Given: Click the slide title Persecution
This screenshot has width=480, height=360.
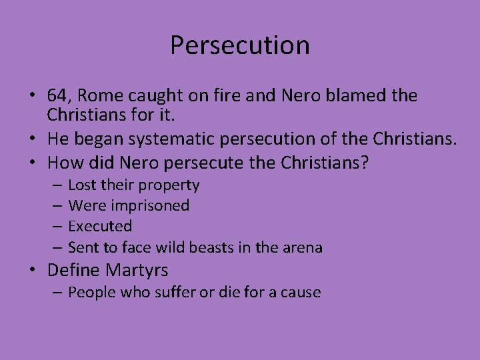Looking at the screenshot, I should pyautogui.click(x=239, y=45).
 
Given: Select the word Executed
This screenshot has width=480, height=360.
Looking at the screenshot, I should pyautogui.click(x=100, y=227).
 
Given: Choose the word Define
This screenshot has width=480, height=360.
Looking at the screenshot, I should pyautogui.click(x=73, y=270).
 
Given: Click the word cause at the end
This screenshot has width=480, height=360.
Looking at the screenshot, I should pyautogui.click(x=302, y=293).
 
